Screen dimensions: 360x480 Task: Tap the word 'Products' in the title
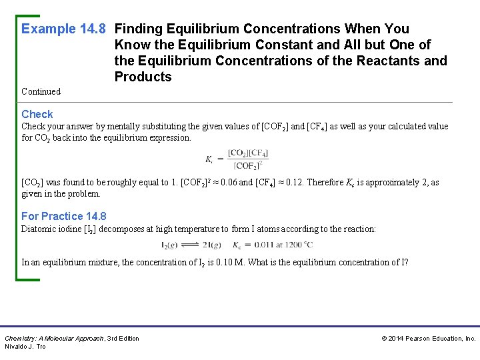143,77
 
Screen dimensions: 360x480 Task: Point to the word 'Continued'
41,91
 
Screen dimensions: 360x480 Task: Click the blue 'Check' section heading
37,114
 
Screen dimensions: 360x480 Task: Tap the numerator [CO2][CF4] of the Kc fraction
247,153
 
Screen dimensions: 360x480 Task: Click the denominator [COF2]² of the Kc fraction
247,165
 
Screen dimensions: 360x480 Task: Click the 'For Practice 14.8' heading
63,216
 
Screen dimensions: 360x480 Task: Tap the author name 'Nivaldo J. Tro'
25,347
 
